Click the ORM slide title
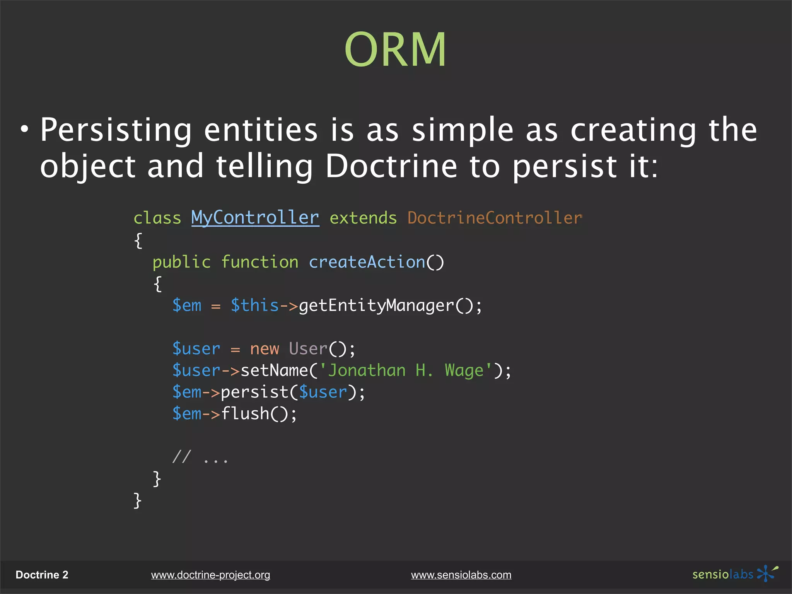395,49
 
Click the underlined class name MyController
255,218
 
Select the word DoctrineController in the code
495,218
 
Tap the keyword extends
363,218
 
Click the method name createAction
367,262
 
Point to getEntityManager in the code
376,306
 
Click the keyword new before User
264,349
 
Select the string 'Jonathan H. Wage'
405,370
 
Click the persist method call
254,393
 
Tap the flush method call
245,414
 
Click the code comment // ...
181,457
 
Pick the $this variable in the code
254,306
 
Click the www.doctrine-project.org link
210,575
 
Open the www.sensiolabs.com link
461,575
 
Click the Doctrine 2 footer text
42,575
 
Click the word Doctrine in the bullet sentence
391,166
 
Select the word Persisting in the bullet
116,130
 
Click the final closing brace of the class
137,500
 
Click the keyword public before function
181,263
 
